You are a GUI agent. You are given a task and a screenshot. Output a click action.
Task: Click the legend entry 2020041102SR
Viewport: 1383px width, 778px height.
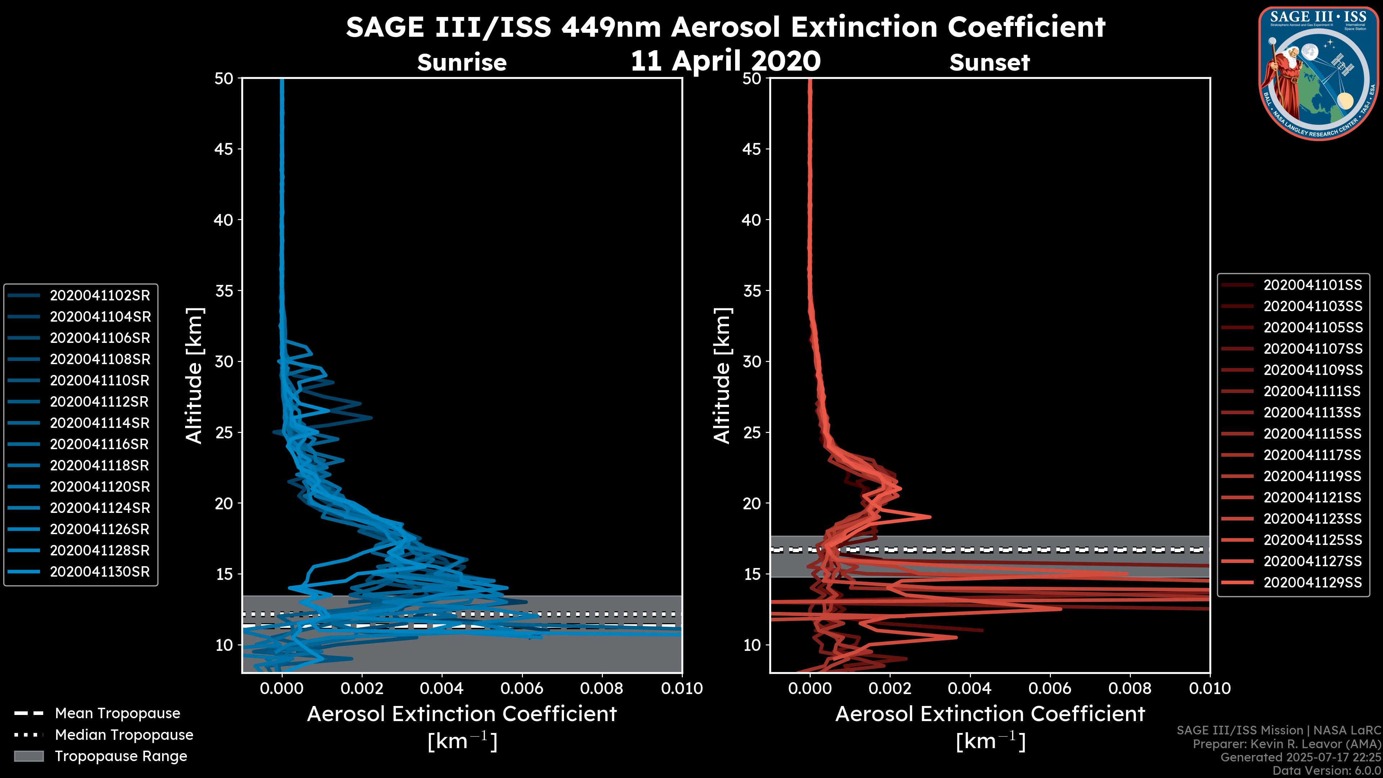point(100,296)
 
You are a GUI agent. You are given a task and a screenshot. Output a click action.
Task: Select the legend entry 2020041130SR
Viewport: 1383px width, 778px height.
point(100,572)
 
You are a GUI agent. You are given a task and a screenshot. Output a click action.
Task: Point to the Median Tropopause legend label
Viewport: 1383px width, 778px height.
point(124,735)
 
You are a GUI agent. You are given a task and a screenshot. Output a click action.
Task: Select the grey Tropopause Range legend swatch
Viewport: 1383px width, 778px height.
point(28,756)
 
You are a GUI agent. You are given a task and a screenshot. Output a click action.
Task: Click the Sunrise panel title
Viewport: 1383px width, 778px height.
point(462,63)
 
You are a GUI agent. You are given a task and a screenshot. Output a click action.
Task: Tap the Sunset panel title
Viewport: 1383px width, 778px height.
point(989,63)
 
